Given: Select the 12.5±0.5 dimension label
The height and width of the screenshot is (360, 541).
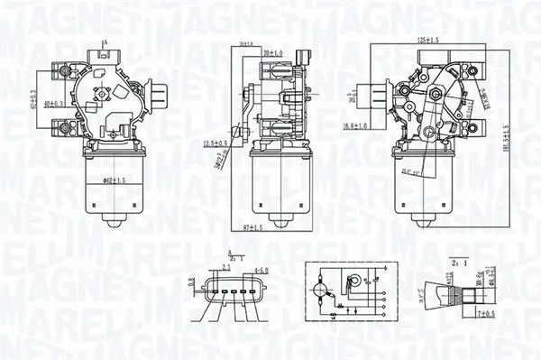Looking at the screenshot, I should (x=217, y=143).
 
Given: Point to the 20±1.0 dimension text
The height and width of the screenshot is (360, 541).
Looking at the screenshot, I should (x=272, y=53).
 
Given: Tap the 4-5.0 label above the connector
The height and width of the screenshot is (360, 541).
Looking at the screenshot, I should (x=262, y=269).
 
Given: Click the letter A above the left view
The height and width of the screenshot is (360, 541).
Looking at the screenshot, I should (x=105, y=42).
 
